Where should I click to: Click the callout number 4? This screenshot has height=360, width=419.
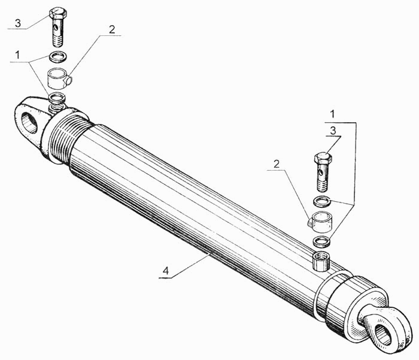pos(166,271)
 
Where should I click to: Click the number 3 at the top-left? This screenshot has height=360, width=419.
pos(18,23)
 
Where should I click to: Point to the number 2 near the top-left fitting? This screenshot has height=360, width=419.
pos(112,29)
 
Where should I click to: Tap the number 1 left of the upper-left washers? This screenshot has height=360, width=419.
pos(17,55)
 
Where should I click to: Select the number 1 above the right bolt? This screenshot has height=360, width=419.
pos(332,114)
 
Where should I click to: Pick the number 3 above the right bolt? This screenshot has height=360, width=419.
pos(333,131)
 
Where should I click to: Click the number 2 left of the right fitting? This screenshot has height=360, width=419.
pos(277,164)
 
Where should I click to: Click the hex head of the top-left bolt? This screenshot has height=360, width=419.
pos(58,13)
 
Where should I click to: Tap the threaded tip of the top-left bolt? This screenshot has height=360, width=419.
pos(57,41)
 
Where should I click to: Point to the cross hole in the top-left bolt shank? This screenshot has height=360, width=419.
pos(55,28)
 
